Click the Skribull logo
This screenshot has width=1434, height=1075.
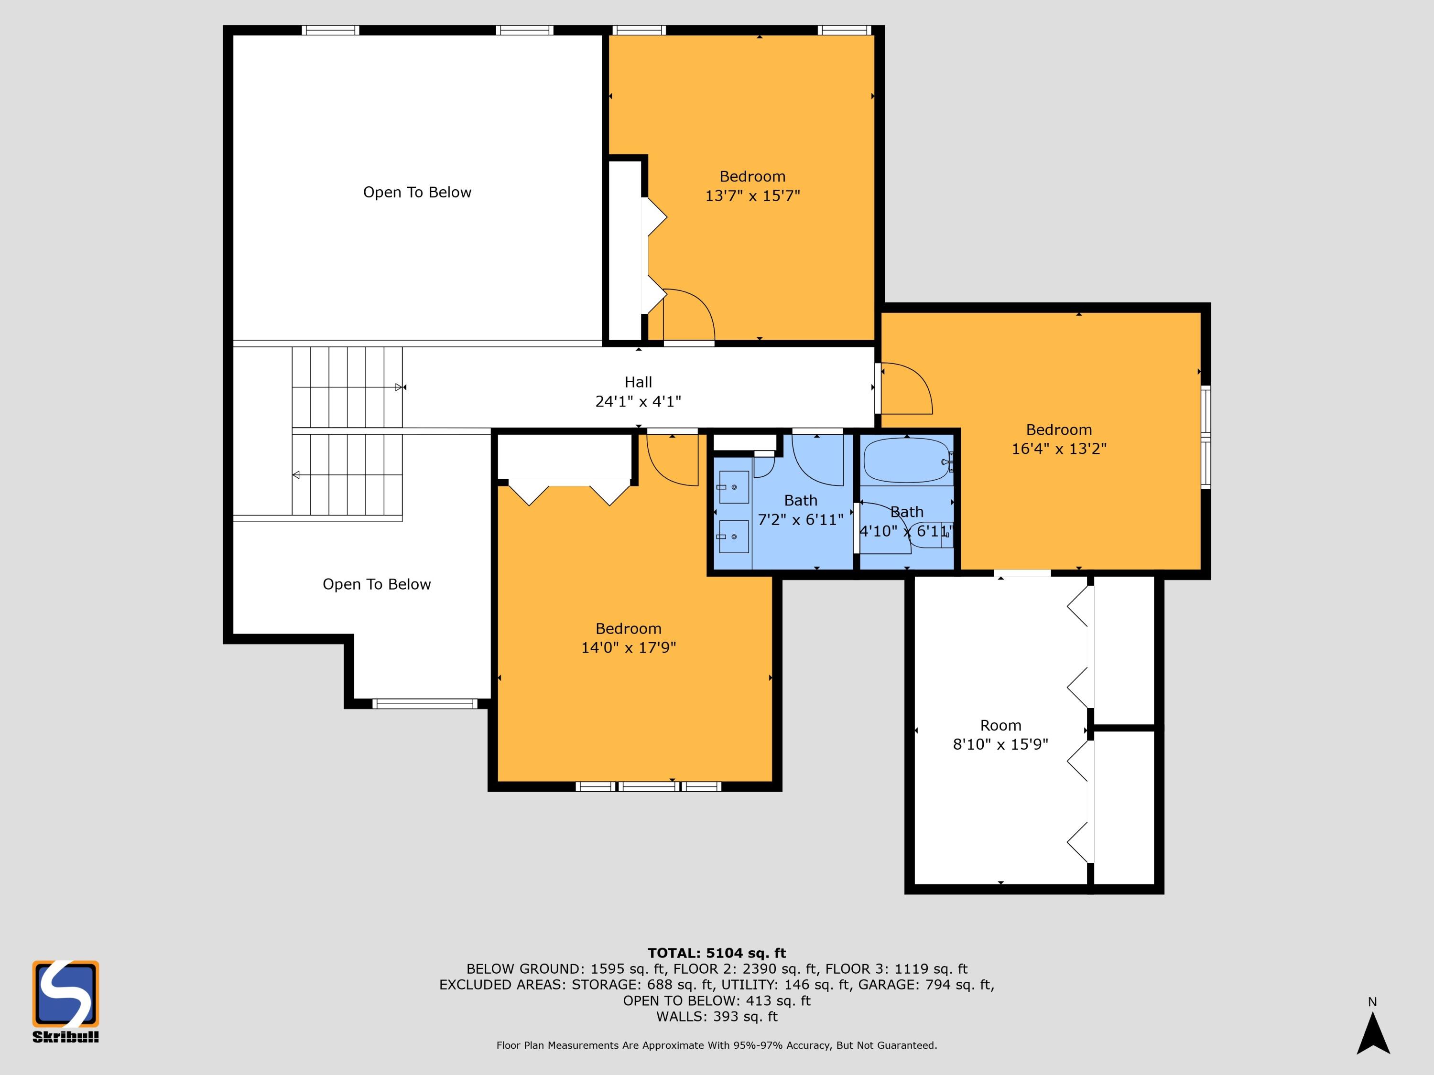(65, 1001)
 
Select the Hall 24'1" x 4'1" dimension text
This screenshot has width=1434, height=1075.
(638, 402)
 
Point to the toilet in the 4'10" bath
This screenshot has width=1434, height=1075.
(932, 535)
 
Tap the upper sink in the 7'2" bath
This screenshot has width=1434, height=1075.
(733, 487)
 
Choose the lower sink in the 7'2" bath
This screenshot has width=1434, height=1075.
(733, 537)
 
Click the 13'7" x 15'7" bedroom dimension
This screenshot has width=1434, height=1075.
(753, 196)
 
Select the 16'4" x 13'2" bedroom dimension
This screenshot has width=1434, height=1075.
(1059, 449)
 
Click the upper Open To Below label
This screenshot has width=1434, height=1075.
(417, 193)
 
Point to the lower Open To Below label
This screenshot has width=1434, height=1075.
(377, 584)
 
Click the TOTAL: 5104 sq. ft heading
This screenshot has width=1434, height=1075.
(717, 953)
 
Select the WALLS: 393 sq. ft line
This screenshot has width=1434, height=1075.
(717, 1017)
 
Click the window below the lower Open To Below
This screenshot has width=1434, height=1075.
(424, 704)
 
